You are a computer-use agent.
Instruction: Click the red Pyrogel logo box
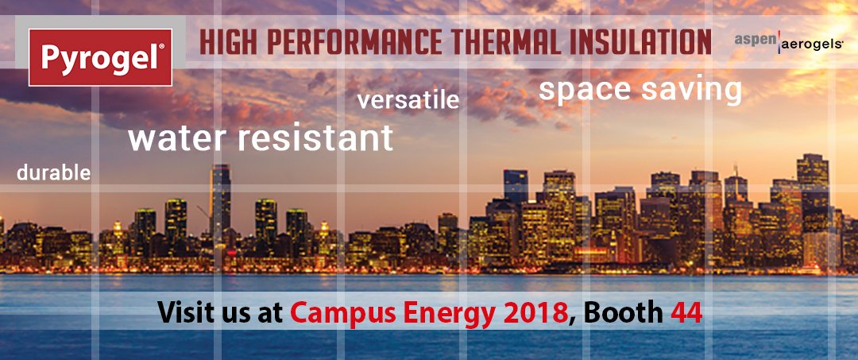pyautogui.click(x=100, y=57)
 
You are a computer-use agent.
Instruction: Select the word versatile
pyautogui.click(x=408, y=101)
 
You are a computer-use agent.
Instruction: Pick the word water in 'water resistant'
pyautogui.click(x=177, y=137)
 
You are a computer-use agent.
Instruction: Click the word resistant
pyautogui.click(x=315, y=137)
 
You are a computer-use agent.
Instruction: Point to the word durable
pyautogui.click(x=54, y=172)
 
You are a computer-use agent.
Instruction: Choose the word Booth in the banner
pyautogui.click(x=622, y=312)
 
